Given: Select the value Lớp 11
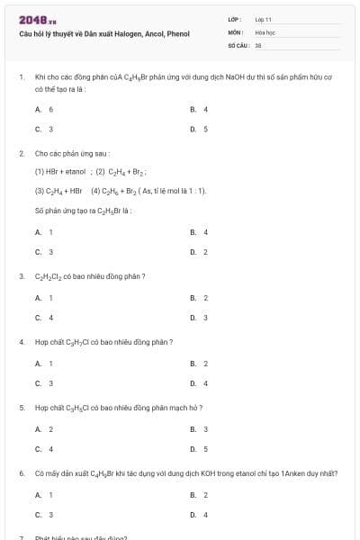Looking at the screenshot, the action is (263, 19).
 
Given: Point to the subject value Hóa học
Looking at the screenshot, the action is (265, 31).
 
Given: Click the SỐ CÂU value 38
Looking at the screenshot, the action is (258, 44).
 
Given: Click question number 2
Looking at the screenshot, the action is (21, 154).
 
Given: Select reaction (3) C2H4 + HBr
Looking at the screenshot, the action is (58, 191).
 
